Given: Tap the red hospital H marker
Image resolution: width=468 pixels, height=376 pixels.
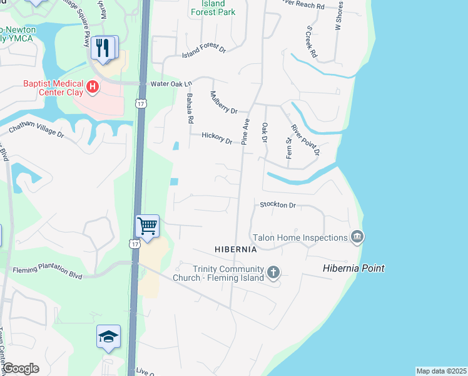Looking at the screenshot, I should [x=93, y=86].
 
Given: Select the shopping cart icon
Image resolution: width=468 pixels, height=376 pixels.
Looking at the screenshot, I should [x=148, y=225].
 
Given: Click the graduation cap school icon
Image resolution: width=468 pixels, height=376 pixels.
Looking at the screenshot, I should [x=108, y=336].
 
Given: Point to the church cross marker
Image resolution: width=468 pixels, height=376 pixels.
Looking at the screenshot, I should [x=273, y=272].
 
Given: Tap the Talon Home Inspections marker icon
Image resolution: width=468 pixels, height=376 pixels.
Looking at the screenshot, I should [x=357, y=237].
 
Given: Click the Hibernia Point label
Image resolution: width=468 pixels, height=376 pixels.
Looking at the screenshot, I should [x=354, y=268].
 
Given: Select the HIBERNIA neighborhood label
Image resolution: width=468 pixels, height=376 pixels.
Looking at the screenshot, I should [x=236, y=249].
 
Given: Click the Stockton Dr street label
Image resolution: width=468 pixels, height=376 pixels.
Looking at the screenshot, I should [x=277, y=205].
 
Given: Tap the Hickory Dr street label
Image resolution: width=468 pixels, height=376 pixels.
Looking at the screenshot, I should [x=216, y=137].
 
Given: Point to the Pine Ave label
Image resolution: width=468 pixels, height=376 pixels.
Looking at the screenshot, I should [x=246, y=132].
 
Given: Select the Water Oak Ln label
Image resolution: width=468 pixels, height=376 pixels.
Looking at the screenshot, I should [x=171, y=83].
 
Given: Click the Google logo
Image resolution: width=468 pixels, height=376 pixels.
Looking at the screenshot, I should [x=21, y=368].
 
